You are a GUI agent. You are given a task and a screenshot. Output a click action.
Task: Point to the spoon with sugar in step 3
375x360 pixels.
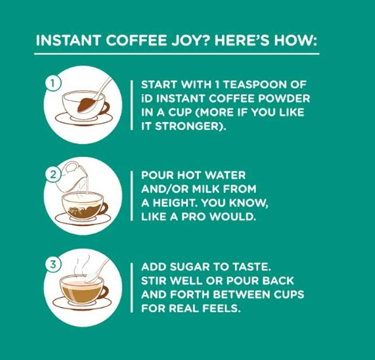point(96,271)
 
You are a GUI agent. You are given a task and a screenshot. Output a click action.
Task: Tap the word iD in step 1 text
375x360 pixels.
point(147,98)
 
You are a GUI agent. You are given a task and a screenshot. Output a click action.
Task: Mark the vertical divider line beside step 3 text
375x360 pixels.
point(132,287)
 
